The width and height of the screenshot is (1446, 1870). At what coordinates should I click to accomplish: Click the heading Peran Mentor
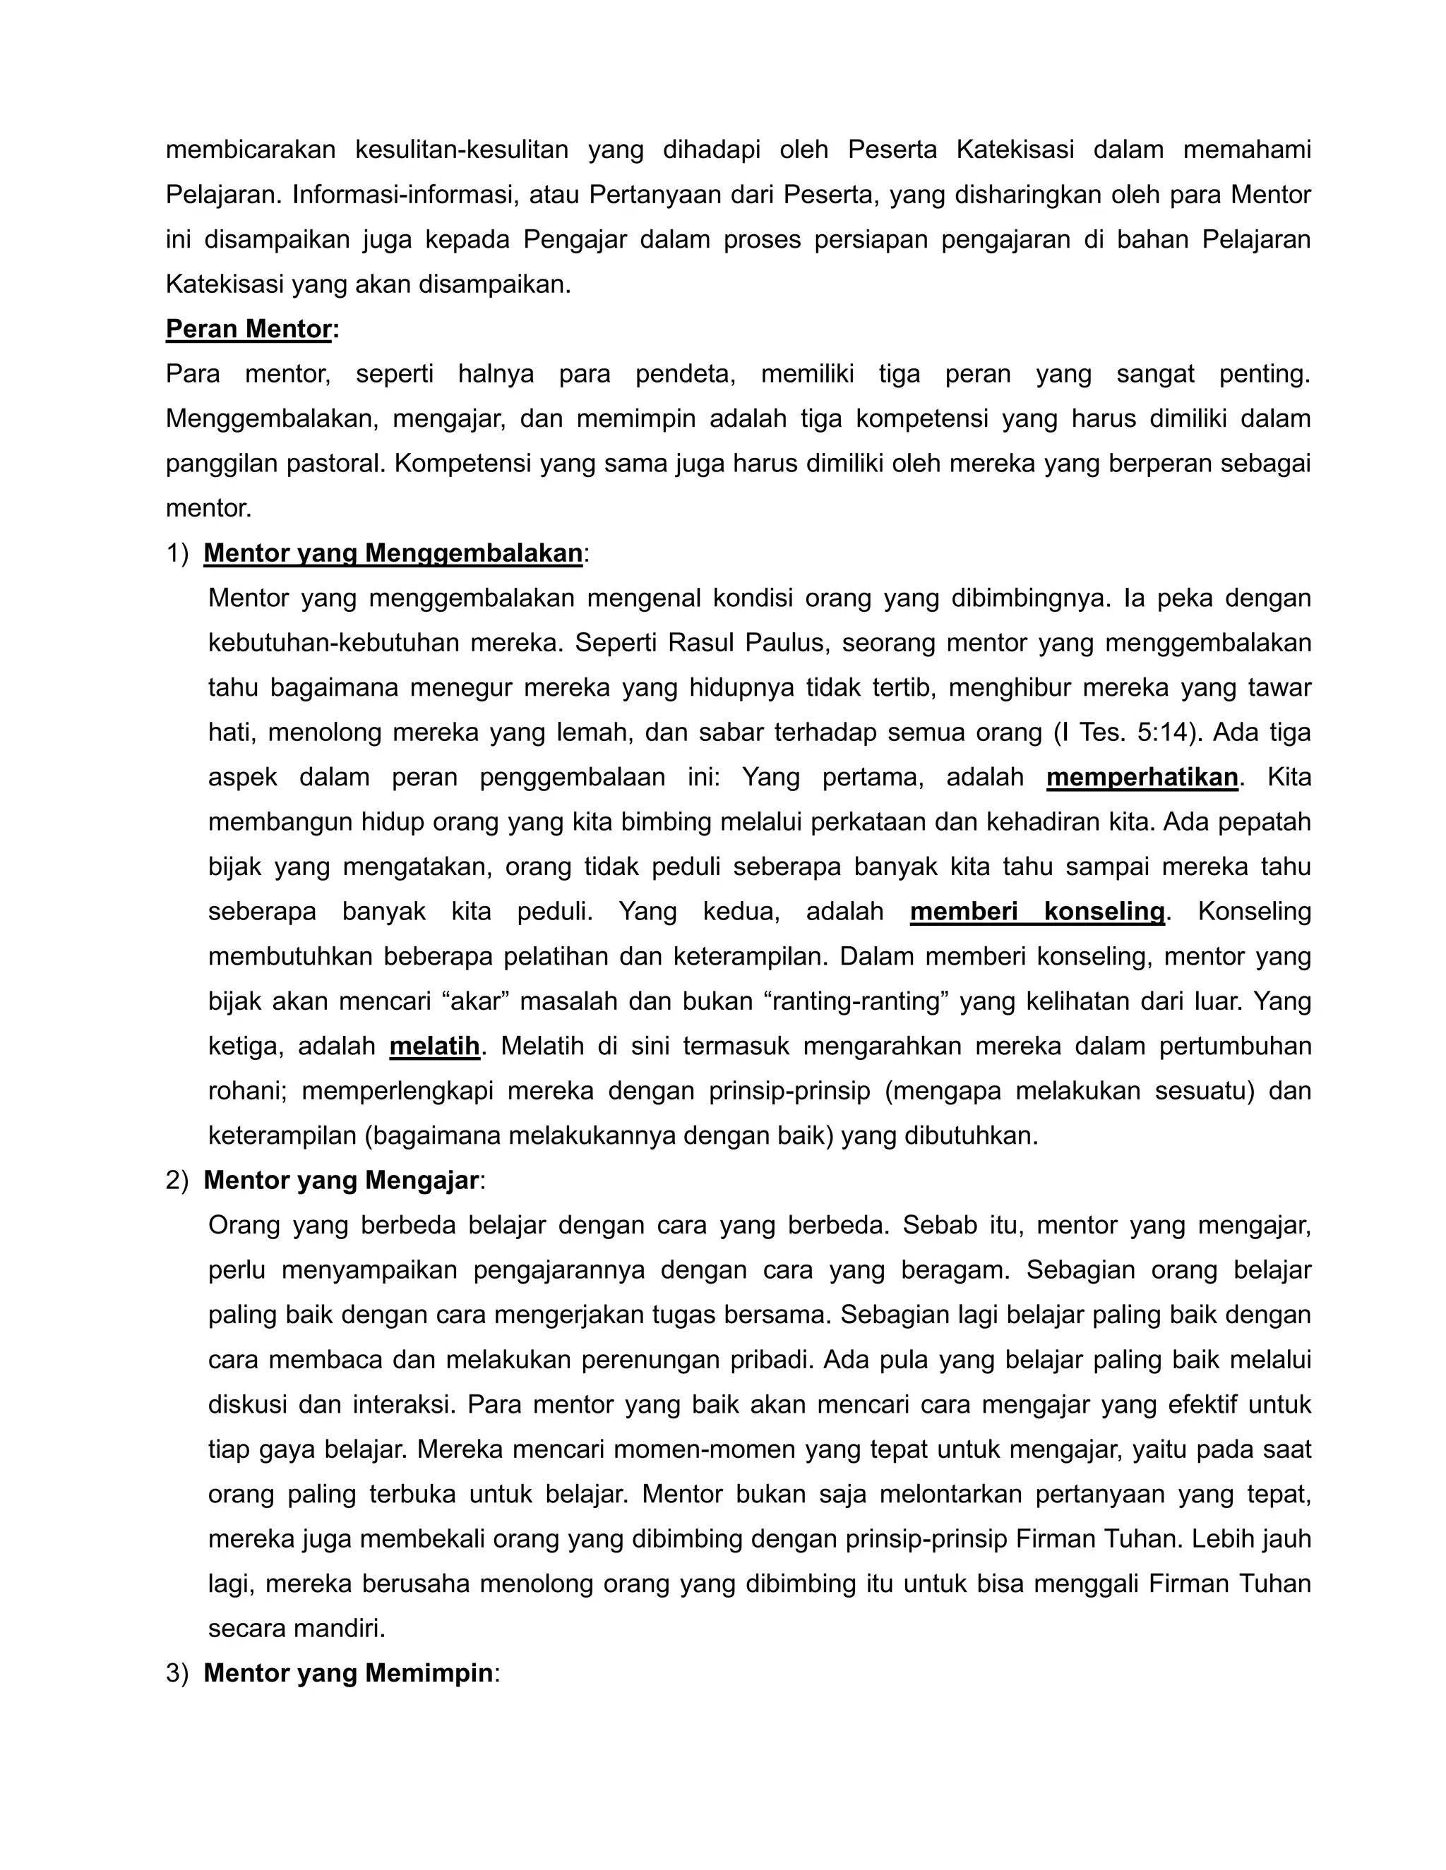click(x=249, y=329)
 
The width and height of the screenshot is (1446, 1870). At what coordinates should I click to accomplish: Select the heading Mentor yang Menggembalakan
click(x=393, y=553)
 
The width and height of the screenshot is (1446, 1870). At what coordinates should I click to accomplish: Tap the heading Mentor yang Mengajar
click(x=341, y=1180)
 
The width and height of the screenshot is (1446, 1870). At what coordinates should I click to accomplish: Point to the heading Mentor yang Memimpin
click(x=348, y=1672)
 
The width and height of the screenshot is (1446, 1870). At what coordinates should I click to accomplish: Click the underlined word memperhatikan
click(x=1141, y=777)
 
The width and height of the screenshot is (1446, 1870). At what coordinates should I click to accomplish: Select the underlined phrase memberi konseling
click(x=1036, y=911)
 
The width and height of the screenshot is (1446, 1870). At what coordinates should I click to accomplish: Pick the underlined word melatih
click(x=434, y=1046)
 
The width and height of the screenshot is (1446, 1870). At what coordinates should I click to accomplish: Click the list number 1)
click(x=177, y=553)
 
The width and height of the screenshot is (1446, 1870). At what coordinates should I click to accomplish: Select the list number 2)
click(x=177, y=1180)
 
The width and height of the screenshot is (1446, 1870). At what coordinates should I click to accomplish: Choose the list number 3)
click(x=177, y=1672)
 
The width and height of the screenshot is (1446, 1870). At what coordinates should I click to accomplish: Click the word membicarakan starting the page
click(x=250, y=150)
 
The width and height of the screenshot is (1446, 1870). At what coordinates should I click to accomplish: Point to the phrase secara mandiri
click(x=297, y=1628)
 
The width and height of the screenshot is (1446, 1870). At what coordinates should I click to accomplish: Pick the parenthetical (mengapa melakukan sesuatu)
click(x=1008, y=1091)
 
